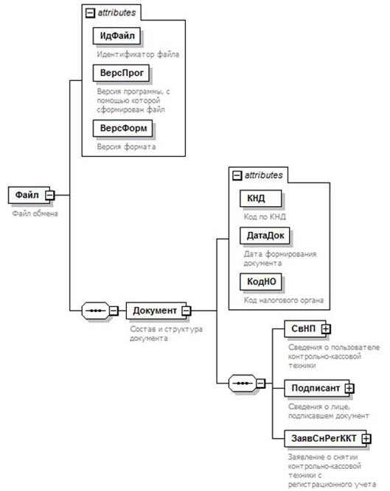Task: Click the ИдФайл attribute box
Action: tap(116, 35)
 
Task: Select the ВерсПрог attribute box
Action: tap(121, 73)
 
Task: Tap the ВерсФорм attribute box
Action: tap(122, 128)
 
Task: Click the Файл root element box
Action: tap(29, 195)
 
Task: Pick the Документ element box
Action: tap(156, 311)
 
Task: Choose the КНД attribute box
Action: tap(260, 198)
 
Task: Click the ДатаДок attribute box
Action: tap(265, 236)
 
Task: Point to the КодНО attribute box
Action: tap(260, 281)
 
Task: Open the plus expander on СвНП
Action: tap(326, 329)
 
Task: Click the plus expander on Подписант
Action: tap(349, 388)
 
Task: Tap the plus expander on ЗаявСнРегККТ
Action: tap(366, 439)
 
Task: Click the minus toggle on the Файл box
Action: tap(50, 195)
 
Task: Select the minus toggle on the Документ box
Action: tap(187, 311)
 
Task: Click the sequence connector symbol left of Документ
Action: tap(96, 311)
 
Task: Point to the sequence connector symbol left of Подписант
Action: tap(243, 384)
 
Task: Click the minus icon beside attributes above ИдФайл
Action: tap(90, 13)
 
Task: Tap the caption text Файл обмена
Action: tap(35, 213)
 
